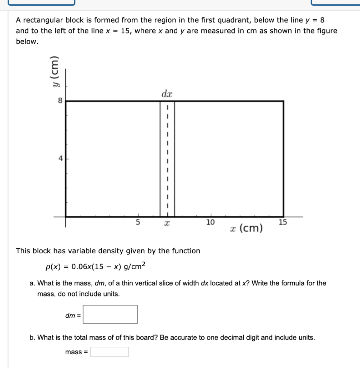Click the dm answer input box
point(110,314)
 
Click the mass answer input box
point(109,352)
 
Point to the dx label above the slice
point(167,94)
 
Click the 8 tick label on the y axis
point(60,101)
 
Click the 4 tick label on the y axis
point(60,158)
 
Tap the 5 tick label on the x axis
point(137,222)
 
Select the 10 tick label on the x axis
point(210,222)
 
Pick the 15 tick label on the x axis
point(283,222)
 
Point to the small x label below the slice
point(167,224)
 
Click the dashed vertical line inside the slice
point(167,158)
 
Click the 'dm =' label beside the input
point(73,316)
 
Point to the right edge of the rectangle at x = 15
point(284,158)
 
